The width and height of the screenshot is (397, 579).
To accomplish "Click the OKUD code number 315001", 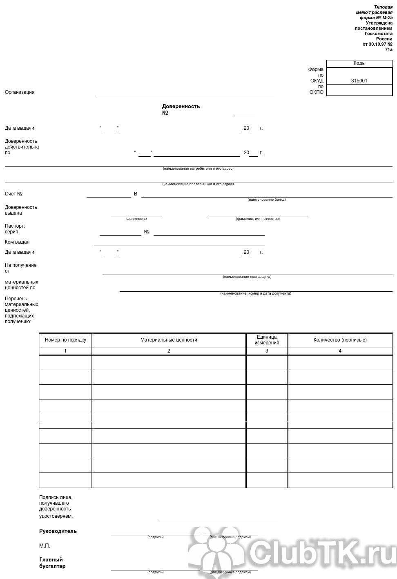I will pos(359,81).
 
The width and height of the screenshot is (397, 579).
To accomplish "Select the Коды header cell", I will pos(359,63).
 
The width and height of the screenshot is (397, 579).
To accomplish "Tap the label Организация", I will pos(20,92).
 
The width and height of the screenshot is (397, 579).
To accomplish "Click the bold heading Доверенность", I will pos(181,106).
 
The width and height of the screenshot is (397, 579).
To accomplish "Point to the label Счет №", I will pos(13,194).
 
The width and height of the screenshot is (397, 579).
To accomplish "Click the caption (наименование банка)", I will pos(266,200).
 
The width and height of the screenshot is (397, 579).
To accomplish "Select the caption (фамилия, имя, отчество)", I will pos(258,219).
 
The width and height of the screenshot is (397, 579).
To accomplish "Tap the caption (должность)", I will pos(136,219).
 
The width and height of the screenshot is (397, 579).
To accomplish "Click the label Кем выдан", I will pos(17,242).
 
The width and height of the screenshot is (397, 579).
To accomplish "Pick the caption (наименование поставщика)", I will pos(247,277).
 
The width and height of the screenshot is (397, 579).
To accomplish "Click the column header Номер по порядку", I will pos(65,340).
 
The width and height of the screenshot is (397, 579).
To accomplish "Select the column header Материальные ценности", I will pos(169,340).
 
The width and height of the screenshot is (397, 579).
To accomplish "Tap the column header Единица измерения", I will pos(267,340).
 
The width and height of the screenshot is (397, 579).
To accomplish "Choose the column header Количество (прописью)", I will pos(340,340).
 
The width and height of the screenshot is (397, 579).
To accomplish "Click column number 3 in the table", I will pos(267,351).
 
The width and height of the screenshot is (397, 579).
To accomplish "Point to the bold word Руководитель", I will pos(58,531).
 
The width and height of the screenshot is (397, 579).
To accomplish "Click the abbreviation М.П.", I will pos(45,546).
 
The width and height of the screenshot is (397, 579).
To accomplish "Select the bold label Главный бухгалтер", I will pos(52,563).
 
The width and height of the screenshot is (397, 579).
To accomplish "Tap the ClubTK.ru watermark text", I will pos(323,553).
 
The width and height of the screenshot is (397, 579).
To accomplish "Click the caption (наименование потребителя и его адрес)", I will pos(198,169).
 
